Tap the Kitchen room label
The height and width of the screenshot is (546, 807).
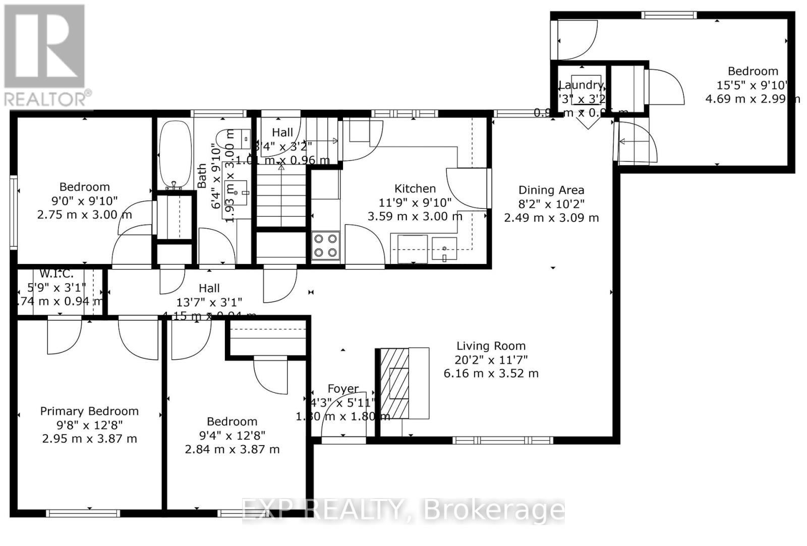coord(415,189)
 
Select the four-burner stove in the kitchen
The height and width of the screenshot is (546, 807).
coord(325,246)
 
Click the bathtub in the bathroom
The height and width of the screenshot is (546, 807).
coord(175,155)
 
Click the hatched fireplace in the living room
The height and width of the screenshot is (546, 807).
coord(394,384)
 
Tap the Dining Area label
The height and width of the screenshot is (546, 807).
coord(551,190)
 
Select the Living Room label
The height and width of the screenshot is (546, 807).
coord(491,346)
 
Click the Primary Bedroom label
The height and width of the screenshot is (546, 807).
coord(89,411)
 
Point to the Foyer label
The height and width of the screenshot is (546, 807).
coord(343,389)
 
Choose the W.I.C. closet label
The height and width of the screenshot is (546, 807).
coord(56,274)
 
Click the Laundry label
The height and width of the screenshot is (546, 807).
coord(581,85)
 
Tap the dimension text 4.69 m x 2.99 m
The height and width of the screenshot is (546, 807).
coord(752,99)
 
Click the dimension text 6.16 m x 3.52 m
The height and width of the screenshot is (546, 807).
coord(491,374)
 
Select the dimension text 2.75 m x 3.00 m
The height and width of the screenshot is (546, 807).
coord(84,215)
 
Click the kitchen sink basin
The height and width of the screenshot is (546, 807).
coord(444,248)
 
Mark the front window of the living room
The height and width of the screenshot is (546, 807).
coord(502,441)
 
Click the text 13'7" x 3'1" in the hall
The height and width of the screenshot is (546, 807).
coord(209,302)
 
